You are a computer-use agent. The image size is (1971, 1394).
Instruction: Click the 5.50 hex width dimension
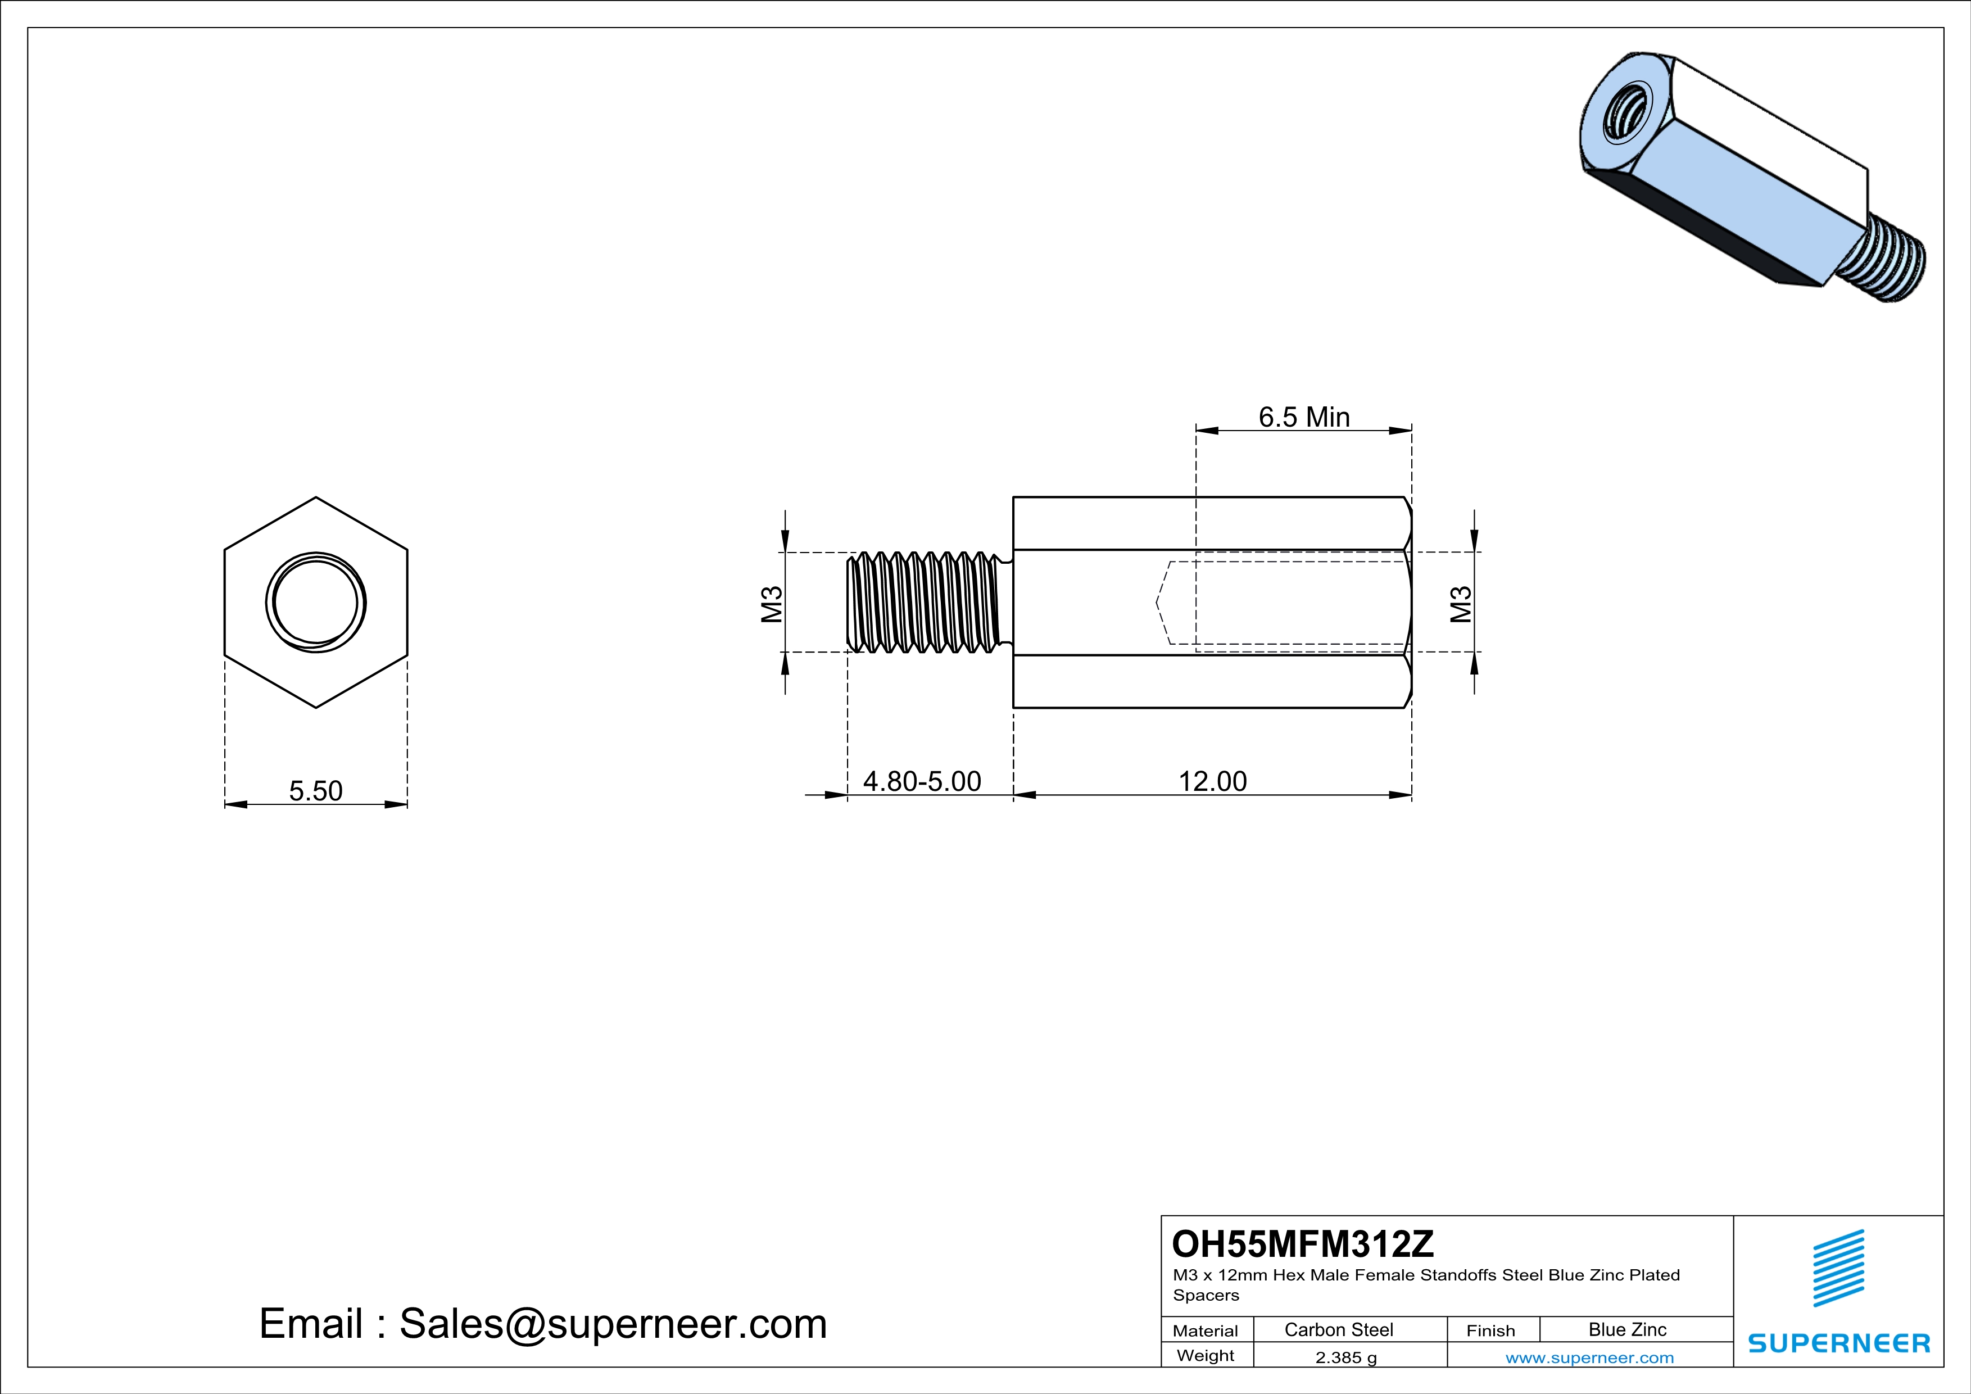tap(315, 790)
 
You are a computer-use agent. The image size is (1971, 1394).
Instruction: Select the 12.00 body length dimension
tap(1212, 781)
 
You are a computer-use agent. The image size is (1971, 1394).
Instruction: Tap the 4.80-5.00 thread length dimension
tap(921, 781)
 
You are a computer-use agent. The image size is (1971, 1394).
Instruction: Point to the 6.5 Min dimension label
tap(1304, 417)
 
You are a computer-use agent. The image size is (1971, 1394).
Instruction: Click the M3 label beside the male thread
tap(772, 604)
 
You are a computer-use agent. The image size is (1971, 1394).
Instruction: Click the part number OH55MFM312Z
tap(1302, 1244)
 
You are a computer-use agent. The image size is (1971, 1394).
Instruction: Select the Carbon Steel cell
tap(1338, 1329)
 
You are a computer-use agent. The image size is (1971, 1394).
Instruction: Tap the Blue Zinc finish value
tap(1626, 1329)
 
